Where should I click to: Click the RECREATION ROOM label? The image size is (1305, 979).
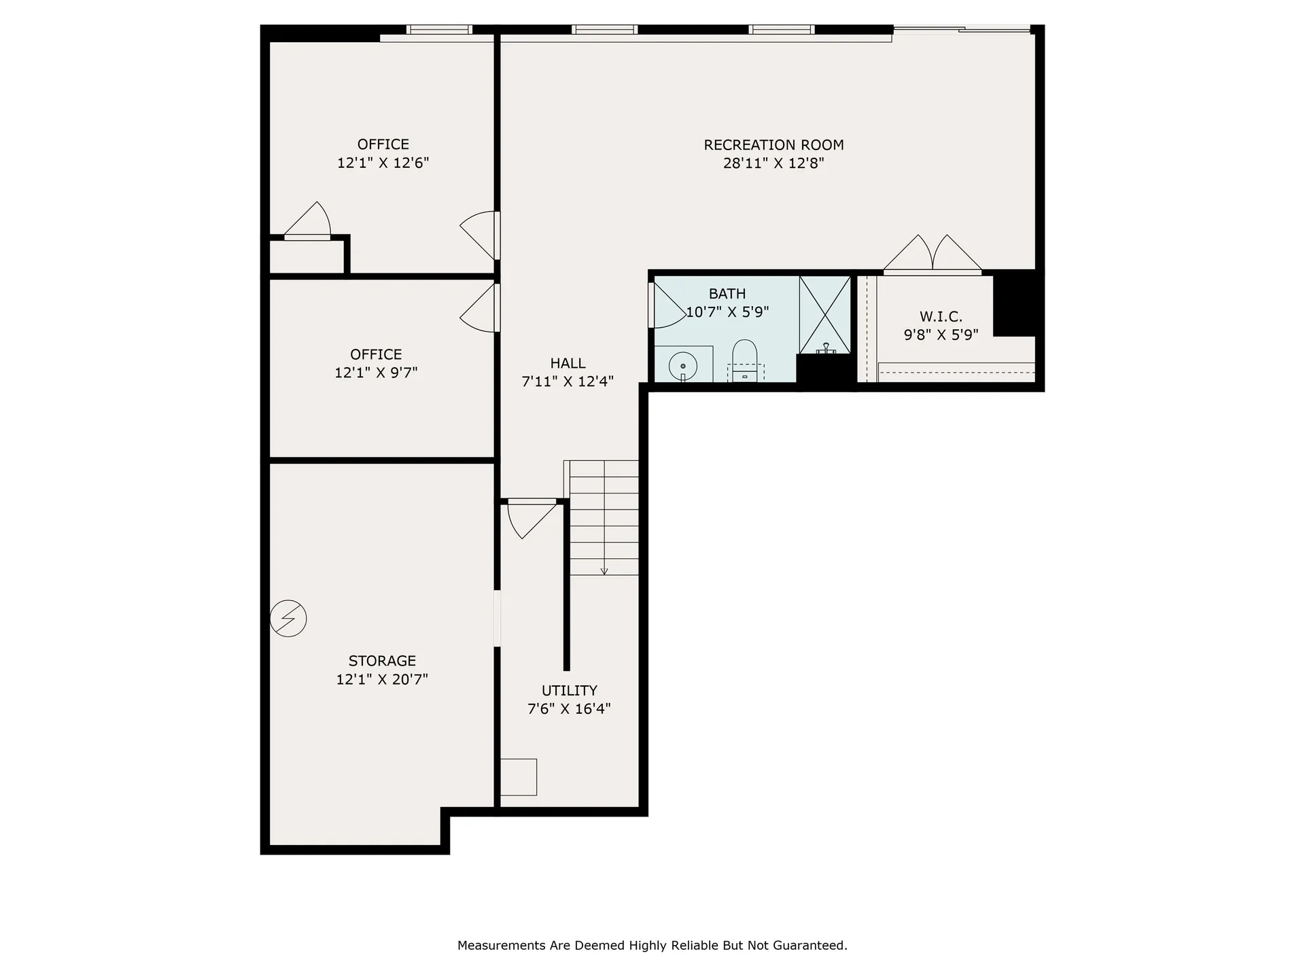point(773,145)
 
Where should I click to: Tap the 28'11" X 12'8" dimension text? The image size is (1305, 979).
point(773,163)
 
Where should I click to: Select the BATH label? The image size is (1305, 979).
point(727,294)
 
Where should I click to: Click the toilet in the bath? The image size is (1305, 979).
point(745,360)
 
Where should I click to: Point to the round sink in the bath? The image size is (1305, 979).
point(682,366)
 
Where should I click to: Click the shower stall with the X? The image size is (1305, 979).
point(824,314)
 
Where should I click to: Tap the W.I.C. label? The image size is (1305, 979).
point(941,316)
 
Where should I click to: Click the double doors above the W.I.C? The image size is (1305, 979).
point(933,256)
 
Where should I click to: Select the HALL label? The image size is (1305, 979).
point(568,363)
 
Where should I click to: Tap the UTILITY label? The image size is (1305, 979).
point(569,690)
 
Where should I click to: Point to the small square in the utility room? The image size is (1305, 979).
point(519,776)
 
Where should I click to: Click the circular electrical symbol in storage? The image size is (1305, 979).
point(288,618)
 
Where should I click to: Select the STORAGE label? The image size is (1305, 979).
point(382,661)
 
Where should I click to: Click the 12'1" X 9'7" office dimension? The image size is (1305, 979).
point(376,373)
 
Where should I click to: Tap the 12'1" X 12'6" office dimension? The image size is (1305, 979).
point(383,163)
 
